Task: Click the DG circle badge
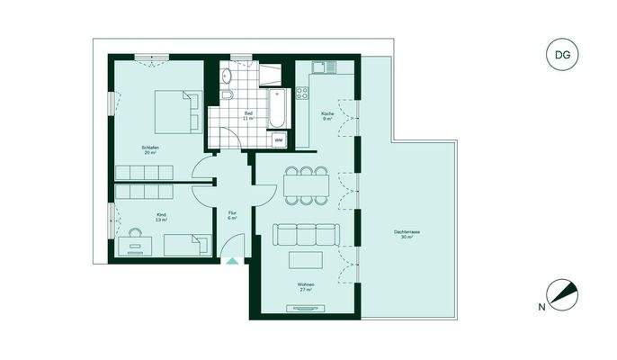click(x=561, y=55)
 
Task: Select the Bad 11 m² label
click(x=248, y=115)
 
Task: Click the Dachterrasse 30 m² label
click(x=409, y=235)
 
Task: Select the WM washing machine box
click(x=279, y=140)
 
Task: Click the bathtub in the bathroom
click(x=279, y=103)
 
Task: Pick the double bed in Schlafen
click(x=176, y=112)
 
